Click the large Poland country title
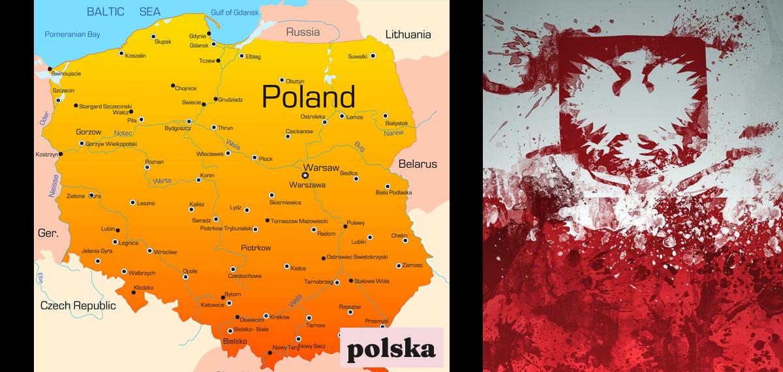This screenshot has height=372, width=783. [x=308, y=97]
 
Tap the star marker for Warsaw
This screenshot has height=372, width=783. [x=305, y=175]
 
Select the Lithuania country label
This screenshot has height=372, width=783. [x=408, y=35]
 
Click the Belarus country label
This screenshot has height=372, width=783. [x=418, y=164]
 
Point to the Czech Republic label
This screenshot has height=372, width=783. [x=78, y=305]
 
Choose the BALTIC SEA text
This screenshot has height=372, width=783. [x=124, y=12]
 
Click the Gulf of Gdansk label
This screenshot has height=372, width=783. [x=234, y=12]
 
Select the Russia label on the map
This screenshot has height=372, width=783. [x=303, y=31]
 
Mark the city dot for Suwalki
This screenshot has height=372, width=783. [x=373, y=56]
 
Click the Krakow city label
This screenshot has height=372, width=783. [x=279, y=317]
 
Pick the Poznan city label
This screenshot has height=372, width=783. [x=154, y=161]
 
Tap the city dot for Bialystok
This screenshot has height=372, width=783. [x=385, y=116]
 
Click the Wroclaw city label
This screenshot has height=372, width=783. [x=166, y=251]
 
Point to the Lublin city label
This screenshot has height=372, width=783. [x=358, y=242]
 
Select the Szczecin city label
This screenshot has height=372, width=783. [x=63, y=90]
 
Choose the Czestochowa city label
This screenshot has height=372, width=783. [x=245, y=276]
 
